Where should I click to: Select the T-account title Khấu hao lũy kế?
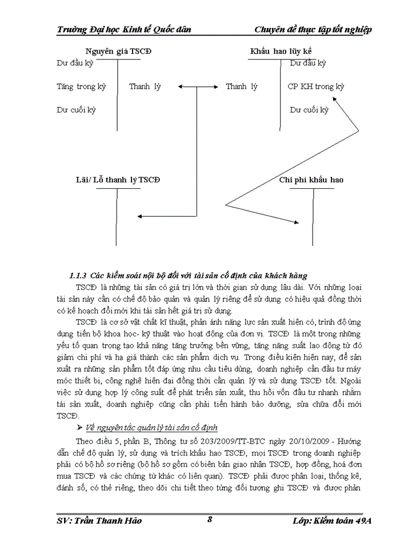pos(281,51)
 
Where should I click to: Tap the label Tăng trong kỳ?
pos(81,87)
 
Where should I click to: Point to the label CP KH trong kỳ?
pos(315,87)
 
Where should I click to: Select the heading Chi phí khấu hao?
pos(311,180)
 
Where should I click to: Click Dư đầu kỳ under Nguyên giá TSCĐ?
pos(74,63)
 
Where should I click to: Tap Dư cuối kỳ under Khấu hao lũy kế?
pos(309,110)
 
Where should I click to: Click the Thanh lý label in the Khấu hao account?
pos(241,87)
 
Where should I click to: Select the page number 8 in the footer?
pos(210,519)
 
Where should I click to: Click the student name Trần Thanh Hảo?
pos(99,521)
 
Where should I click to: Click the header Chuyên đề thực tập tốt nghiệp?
pos(312,30)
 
